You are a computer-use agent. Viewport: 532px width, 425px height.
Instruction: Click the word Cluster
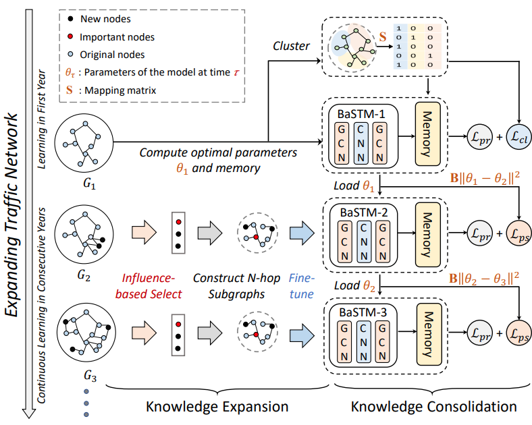tap(292, 47)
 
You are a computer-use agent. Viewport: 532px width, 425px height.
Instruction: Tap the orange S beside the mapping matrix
tap(383, 34)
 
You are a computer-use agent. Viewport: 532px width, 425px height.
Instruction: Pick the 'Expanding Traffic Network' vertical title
tap(17, 216)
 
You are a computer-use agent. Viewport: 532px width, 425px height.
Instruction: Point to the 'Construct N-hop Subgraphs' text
tap(235, 285)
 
